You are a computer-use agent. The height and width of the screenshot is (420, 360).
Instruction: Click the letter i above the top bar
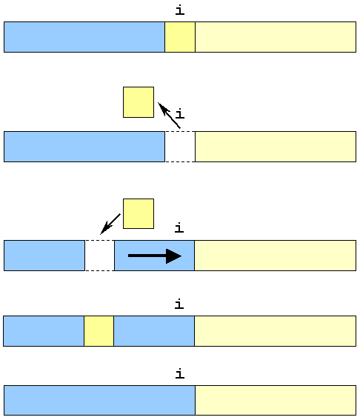tap(180, 10)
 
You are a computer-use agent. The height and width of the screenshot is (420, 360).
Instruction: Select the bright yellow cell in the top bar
tap(180, 37)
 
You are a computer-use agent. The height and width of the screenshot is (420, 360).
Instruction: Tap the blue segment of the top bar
tap(84, 37)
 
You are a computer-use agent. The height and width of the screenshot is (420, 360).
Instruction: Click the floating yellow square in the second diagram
tap(139, 102)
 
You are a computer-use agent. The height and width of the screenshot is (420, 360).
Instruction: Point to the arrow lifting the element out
tap(169, 115)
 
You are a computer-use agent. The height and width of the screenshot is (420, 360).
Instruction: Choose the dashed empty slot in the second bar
tap(180, 147)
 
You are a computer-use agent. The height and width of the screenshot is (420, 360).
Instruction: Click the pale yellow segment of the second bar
tap(276, 147)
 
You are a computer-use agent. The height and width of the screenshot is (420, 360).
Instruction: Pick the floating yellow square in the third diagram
tap(139, 214)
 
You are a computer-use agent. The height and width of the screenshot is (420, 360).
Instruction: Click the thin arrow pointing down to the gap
tap(110, 224)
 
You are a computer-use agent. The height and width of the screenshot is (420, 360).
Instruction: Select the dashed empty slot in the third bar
tap(100, 256)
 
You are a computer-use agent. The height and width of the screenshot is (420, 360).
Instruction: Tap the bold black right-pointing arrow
tap(155, 256)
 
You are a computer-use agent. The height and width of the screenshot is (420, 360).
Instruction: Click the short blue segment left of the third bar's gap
tap(44, 256)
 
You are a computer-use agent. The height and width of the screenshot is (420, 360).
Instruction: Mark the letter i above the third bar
tap(179, 228)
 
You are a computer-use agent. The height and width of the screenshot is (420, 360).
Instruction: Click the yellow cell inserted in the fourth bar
tap(99, 331)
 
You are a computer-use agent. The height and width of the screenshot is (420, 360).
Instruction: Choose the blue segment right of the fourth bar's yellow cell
tap(154, 331)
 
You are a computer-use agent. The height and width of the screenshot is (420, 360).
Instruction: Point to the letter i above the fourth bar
tap(179, 304)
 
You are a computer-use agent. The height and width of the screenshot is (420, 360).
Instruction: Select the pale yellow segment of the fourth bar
tap(275, 331)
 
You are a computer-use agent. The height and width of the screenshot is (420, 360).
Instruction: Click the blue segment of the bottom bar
tap(100, 401)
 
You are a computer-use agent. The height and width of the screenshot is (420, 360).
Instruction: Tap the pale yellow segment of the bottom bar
tap(276, 401)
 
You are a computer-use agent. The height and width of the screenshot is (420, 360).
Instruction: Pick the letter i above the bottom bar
tap(180, 374)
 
